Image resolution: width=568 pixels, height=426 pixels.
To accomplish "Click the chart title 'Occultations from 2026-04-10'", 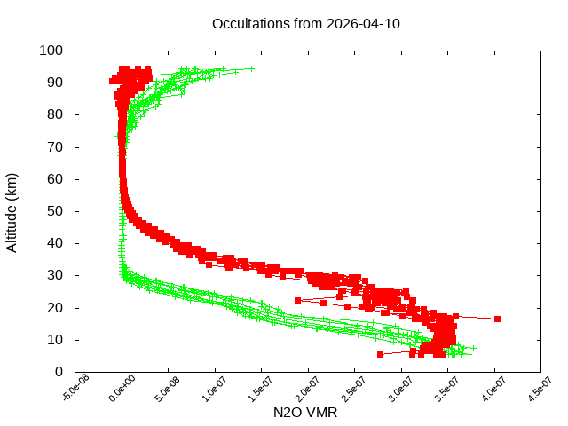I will coord(305,24).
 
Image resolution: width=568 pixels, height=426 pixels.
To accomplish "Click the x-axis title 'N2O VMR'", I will coord(305,413).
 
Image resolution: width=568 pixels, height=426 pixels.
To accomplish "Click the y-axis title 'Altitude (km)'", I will coord(12,211).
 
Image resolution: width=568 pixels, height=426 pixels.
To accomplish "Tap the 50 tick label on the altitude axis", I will coord(54,211).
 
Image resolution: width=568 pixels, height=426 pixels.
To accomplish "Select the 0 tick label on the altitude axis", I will coord(59,372).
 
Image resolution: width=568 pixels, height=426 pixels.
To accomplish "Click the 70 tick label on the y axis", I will coord(54,146).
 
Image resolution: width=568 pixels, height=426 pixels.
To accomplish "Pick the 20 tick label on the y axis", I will coord(54,308).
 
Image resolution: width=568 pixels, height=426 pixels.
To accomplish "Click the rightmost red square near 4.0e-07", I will coord(498,319).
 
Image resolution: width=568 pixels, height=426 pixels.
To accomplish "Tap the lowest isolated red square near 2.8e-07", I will coord(381,354).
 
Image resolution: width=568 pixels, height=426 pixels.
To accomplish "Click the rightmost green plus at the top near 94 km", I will coord(251,68).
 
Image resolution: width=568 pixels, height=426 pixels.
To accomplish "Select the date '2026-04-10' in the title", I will coord(362,24).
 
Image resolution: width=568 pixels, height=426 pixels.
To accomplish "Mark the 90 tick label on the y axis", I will coord(54,83).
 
